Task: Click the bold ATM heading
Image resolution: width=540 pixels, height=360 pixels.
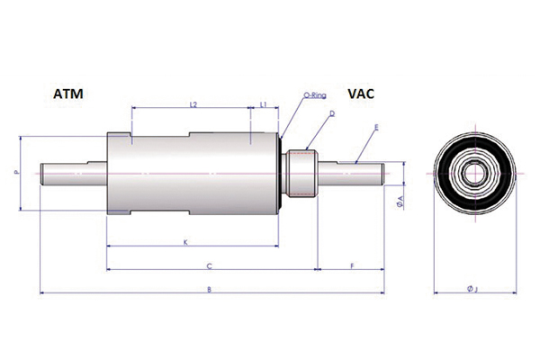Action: tap(67, 94)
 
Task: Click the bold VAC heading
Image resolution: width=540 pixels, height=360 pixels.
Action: tap(361, 94)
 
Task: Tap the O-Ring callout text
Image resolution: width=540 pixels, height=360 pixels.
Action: tap(314, 94)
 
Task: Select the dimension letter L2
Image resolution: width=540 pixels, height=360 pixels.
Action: tap(193, 104)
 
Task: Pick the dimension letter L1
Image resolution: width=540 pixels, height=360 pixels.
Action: tap(264, 104)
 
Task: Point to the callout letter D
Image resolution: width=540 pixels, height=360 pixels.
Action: tap(332, 113)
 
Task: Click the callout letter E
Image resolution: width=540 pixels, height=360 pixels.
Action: tap(376, 128)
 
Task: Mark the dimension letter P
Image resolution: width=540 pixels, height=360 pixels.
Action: tap(17, 173)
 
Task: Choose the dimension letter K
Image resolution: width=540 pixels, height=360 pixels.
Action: tap(185, 242)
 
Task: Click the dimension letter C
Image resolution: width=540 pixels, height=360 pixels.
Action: tap(209, 266)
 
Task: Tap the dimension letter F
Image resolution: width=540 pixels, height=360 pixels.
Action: tap(352, 266)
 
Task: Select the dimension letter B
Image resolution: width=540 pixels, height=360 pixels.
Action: tap(209, 290)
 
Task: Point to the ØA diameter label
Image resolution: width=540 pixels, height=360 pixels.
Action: tap(400, 202)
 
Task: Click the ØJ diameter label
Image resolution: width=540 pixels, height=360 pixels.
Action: tap(472, 290)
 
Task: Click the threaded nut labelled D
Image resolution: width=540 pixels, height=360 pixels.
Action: tap(301, 174)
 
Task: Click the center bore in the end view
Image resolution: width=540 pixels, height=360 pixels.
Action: tap(474, 173)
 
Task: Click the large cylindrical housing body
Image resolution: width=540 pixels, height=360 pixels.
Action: tap(193, 174)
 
